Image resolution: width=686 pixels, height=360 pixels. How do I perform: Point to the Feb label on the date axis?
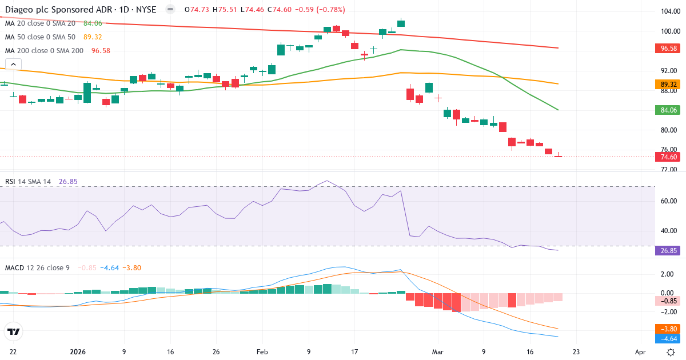[262, 352]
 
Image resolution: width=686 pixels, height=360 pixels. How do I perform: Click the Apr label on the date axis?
[641, 352]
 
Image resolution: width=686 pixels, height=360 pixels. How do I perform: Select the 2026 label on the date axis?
[77, 352]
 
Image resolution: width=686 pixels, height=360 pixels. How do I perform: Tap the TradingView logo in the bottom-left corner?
[14, 331]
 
